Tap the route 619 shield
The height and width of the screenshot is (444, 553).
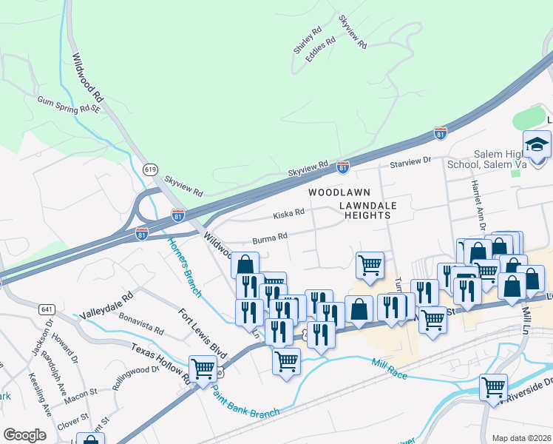point(150,169)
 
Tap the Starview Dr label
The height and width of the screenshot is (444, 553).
point(410,161)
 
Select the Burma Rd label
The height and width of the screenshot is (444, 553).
point(270,239)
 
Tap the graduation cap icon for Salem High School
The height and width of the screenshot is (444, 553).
point(537,143)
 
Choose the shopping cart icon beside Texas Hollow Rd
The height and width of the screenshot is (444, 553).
point(203,369)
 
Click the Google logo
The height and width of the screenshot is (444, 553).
point(24,435)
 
